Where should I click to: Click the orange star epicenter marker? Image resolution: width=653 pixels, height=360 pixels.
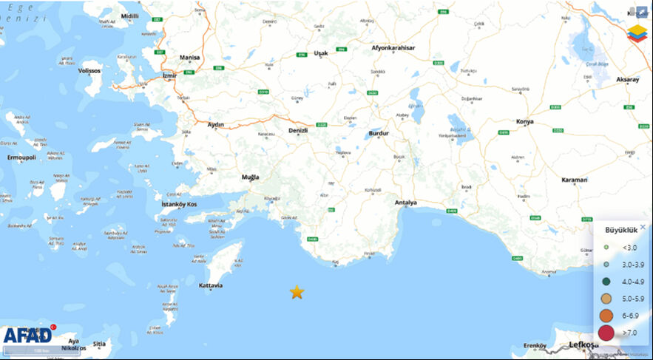[x=297, y=292]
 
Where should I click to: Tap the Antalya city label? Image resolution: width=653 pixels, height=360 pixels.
[x=407, y=203]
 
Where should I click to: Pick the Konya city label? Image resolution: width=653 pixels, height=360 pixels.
[x=526, y=120]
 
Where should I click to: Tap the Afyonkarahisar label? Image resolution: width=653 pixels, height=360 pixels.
[x=393, y=48]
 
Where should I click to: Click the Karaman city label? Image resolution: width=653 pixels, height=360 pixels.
[x=574, y=180]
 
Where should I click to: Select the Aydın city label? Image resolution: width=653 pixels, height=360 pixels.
[x=216, y=124]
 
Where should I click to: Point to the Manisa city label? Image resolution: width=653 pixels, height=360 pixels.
[x=190, y=57]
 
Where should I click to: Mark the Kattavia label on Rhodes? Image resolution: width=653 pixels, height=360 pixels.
[x=212, y=285]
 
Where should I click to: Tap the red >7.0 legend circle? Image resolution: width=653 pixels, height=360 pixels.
[x=606, y=333]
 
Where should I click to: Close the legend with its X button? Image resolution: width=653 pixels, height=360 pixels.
[x=643, y=227]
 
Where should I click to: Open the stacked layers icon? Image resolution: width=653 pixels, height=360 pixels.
[x=636, y=34]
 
